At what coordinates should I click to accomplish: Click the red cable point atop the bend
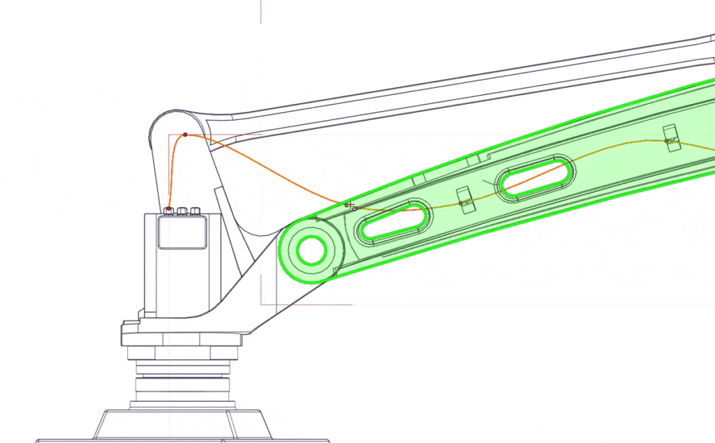pyautogui.click(x=185, y=135)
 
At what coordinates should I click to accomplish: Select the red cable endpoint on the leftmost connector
pyautogui.click(x=169, y=209)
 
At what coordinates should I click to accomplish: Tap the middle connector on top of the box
pyautogui.click(x=182, y=211)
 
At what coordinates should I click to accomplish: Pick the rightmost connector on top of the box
pyautogui.click(x=196, y=211)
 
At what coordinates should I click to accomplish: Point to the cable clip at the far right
pyautogui.click(x=670, y=137)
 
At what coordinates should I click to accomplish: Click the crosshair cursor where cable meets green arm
pyautogui.click(x=349, y=204)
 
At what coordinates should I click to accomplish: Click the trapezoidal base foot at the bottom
pyautogui.click(x=182, y=425)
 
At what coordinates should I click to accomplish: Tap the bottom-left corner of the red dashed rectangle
pyautogui.click(x=261, y=303)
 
